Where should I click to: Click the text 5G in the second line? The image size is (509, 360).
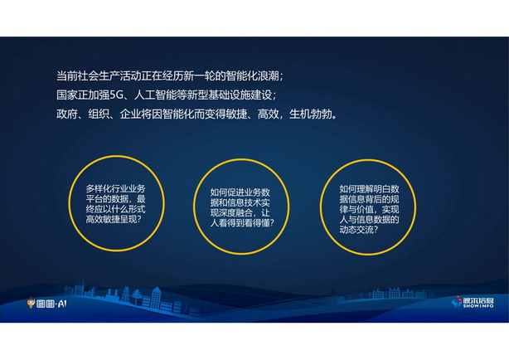tap(115, 95)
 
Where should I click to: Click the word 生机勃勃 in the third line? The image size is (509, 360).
tap(310, 114)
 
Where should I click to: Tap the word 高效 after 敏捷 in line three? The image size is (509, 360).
tap(268, 114)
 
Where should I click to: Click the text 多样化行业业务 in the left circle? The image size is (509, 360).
tap(115, 189)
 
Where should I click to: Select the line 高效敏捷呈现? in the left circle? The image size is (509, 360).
tap(114, 219)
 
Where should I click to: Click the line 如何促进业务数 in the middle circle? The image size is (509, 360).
tap(240, 192)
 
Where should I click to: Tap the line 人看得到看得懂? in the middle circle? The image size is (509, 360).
tap(242, 223)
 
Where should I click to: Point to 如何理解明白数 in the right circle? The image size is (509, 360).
tap(370, 189)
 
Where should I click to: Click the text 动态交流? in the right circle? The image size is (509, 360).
tap(359, 230)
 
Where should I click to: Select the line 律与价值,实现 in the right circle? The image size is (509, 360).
tap(370, 209)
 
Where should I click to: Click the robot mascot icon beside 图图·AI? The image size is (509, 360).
tap(31, 303)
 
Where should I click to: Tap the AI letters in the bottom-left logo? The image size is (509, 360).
tap(62, 304)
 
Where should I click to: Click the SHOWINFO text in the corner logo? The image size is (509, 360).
tap(478, 306)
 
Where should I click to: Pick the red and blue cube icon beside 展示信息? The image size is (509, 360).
tap(457, 301)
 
